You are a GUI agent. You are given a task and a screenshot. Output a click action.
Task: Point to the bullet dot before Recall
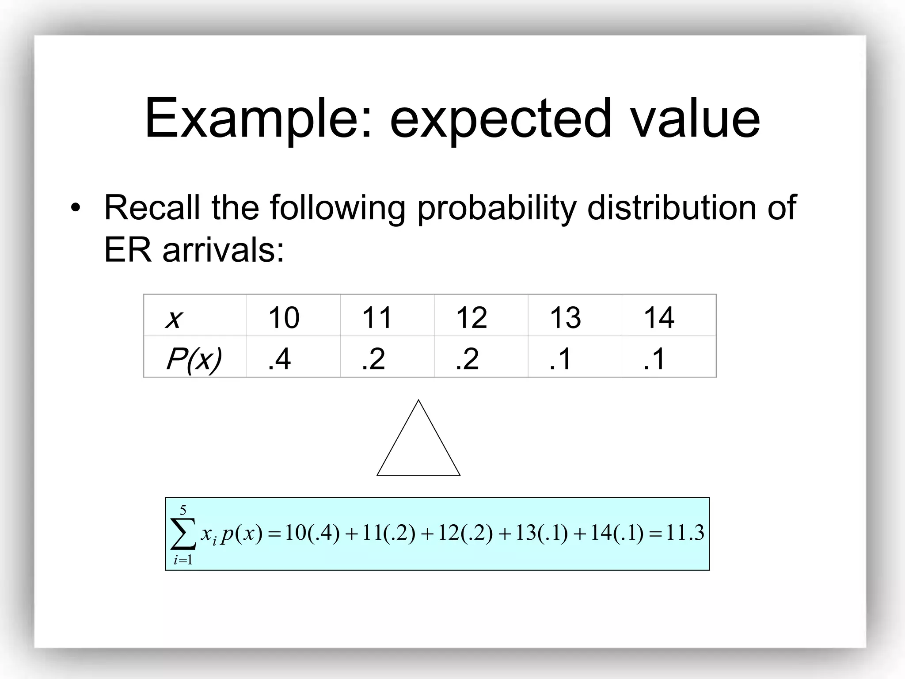pos(76,208)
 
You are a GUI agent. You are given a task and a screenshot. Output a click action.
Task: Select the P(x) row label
pos(194,359)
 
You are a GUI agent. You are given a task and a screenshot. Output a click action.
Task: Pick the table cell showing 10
pos(284,317)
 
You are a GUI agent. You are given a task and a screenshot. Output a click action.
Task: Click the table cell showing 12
pos(471,317)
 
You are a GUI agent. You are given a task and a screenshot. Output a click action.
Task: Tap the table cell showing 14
pos(659,317)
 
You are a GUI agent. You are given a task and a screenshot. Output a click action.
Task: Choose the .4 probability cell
pos(279,359)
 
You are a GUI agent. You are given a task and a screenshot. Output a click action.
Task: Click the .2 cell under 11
pos(373,359)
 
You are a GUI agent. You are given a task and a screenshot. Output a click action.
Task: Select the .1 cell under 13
pos(560,359)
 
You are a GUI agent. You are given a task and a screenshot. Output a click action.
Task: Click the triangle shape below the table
pos(418,446)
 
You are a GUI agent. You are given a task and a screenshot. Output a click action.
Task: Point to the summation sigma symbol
pos(183,534)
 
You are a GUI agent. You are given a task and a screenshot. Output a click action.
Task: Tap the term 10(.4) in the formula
pos(312,533)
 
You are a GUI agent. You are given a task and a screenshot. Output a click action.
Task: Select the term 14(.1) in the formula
pos(616,533)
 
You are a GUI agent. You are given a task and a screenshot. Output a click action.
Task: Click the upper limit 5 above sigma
pos(183,511)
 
